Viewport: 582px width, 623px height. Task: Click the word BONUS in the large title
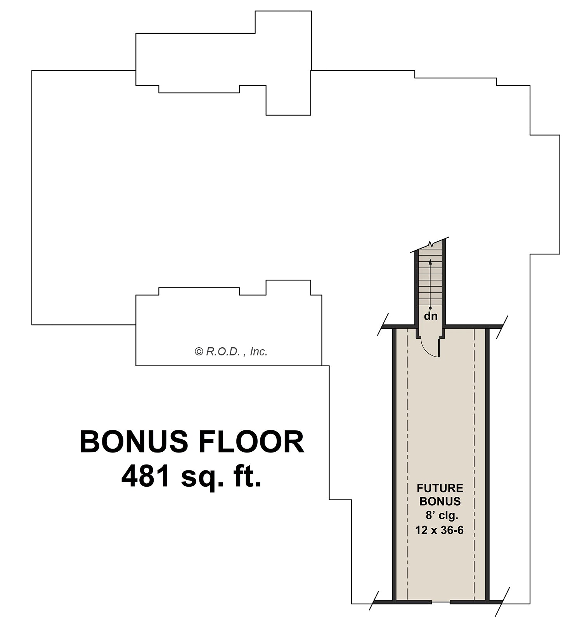pyautogui.click(x=133, y=442)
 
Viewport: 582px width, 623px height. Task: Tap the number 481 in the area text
pyautogui.click(x=145, y=477)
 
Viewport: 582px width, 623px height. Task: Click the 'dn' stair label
pyautogui.click(x=430, y=316)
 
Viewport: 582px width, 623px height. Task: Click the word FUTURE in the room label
pyautogui.click(x=440, y=488)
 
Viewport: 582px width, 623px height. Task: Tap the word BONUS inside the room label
pyautogui.click(x=440, y=501)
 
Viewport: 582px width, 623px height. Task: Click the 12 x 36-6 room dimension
pyautogui.click(x=439, y=530)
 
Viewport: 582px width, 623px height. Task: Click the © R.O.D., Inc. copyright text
pyautogui.click(x=231, y=352)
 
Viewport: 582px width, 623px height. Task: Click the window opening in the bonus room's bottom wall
pyautogui.click(x=441, y=602)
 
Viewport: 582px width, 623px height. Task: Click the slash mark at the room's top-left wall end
pyautogui.click(x=383, y=325)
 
